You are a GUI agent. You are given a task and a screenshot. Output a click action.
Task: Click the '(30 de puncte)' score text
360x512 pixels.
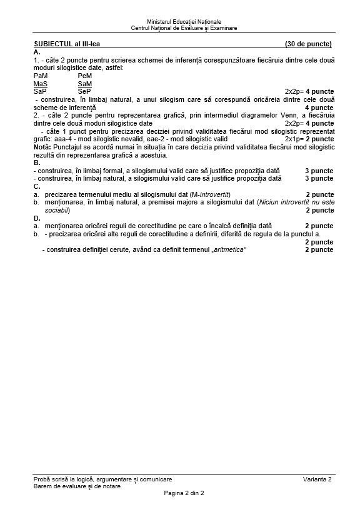(308, 44)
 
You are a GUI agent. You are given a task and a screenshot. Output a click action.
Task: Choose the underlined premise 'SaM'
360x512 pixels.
(84, 83)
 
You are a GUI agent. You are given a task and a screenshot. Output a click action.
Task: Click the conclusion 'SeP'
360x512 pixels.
(84, 91)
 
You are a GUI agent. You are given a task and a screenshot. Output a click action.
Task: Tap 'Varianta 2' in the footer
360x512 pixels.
(317, 479)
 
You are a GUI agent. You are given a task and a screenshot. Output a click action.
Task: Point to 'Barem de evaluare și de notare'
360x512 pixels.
(77, 486)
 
